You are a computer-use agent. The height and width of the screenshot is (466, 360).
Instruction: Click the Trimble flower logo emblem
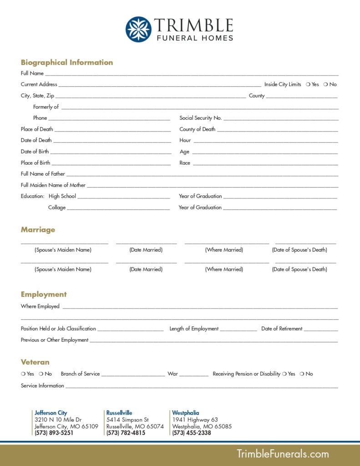click(138, 29)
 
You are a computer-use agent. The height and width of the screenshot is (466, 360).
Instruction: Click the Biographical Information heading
click(67, 62)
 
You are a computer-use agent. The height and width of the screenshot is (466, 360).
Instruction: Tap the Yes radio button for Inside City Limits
click(308, 84)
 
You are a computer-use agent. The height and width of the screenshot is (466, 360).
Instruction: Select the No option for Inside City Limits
click(326, 84)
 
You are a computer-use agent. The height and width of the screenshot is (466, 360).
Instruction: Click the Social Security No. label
click(200, 118)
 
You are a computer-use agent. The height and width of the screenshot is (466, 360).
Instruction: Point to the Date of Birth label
click(35, 152)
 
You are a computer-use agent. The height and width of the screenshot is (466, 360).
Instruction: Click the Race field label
click(185, 163)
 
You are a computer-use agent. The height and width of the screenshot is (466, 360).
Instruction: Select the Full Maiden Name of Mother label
click(53, 185)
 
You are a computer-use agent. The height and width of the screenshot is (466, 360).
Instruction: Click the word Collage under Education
click(57, 208)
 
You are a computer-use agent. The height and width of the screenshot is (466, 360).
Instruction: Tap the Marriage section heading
click(38, 230)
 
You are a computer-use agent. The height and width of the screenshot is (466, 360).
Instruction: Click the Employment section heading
click(44, 294)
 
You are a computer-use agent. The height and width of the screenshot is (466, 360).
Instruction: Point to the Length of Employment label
click(194, 329)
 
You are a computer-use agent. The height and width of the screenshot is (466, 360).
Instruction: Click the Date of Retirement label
click(282, 329)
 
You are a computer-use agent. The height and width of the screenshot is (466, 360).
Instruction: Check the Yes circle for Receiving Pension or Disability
click(284, 374)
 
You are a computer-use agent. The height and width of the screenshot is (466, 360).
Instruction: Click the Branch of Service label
click(80, 374)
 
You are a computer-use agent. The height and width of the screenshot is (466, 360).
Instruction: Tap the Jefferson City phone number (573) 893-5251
click(54, 433)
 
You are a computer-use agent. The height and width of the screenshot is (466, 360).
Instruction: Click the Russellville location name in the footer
click(119, 413)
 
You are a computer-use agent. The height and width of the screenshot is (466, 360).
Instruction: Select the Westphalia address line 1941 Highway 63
click(195, 420)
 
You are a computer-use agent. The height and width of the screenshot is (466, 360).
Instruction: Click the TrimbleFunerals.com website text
click(282, 454)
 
